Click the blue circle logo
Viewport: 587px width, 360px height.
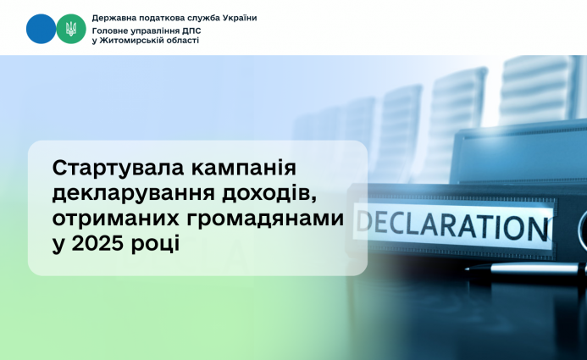(x=41, y=30)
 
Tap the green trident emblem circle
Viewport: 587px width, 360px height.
(x=71, y=30)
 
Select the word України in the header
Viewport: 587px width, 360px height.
(x=237, y=18)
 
